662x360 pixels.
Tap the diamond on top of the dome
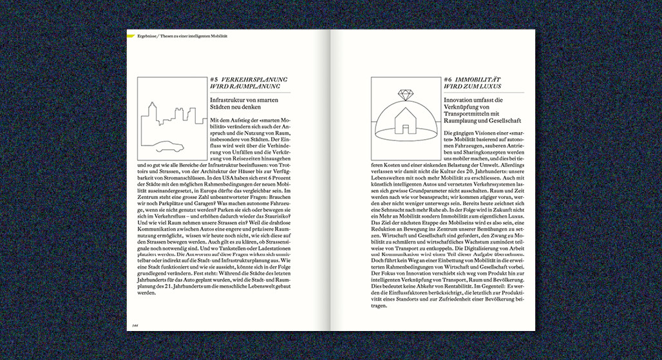point(406,95)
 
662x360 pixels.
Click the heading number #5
point(215,80)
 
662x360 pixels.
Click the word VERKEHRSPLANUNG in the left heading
point(254,80)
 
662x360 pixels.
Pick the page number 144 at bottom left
point(136,325)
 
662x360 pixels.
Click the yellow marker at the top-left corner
point(130,36)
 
